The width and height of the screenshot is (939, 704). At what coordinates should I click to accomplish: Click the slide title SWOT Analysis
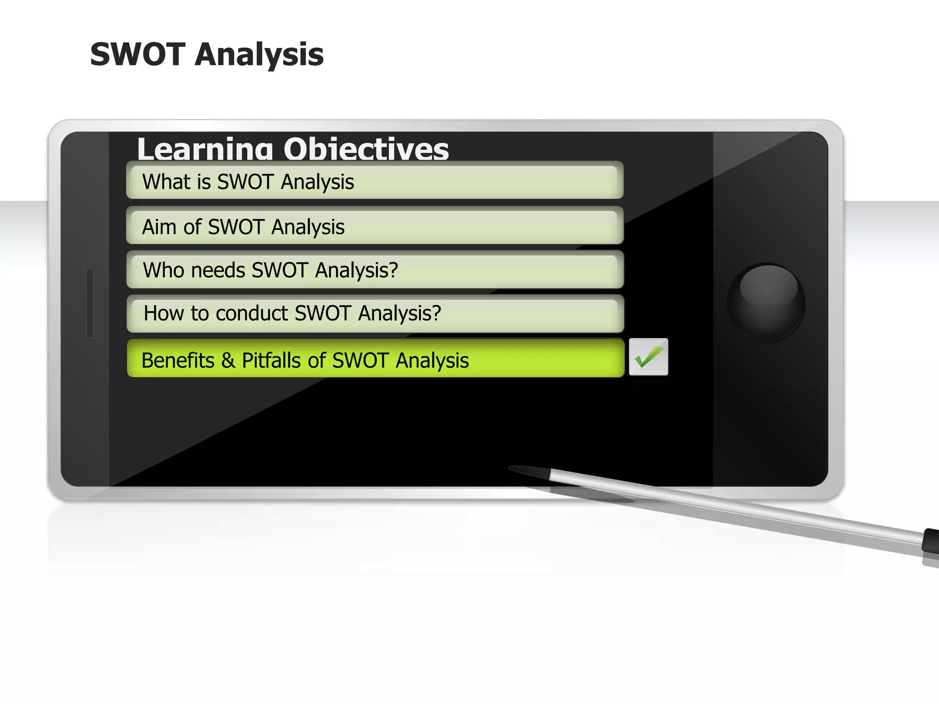click(207, 55)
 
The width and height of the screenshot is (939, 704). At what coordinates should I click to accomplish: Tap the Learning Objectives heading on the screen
click(293, 149)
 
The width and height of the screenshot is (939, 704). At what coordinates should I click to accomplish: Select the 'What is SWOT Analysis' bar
click(375, 181)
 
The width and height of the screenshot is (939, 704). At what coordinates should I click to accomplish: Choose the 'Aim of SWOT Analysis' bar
click(375, 226)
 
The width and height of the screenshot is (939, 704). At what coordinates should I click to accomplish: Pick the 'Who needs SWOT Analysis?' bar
click(375, 270)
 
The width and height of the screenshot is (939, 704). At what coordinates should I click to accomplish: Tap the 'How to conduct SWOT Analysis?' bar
click(375, 313)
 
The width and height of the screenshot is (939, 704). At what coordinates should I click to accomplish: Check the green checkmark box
click(648, 357)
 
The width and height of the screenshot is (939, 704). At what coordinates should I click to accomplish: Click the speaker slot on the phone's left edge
click(90, 303)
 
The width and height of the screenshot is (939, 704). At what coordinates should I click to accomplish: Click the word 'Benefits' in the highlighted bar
click(178, 360)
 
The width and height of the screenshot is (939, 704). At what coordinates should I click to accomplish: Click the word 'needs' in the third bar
click(218, 270)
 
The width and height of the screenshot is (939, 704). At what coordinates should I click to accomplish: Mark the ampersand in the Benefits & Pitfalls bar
click(228, 360)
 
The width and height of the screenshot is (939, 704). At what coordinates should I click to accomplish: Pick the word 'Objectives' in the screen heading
click(366, 149)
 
